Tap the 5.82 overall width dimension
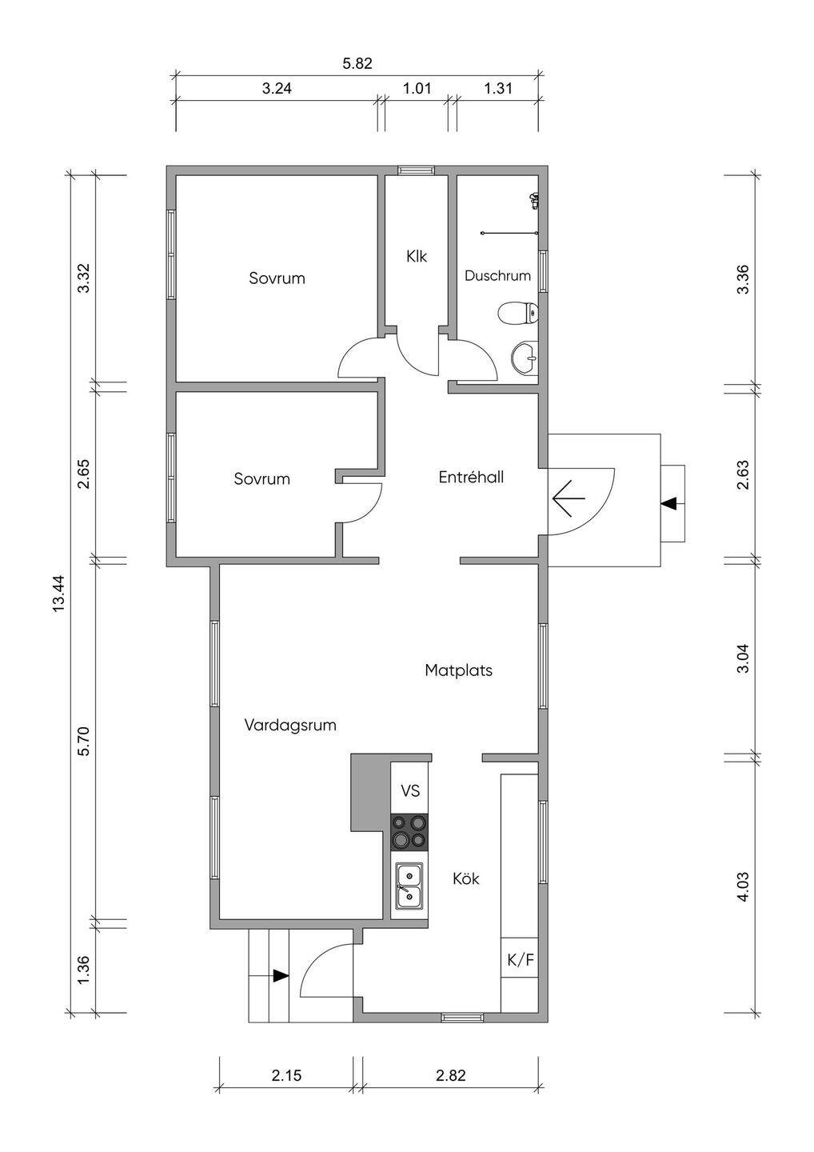tap(357, 64)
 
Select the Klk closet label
tap(417, 256)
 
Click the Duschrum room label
tap(497, 276)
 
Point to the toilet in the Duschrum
tap(518, 313)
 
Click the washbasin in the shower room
tap(525, 356)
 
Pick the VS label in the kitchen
tap(410, 790)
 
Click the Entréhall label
tap(471, 478)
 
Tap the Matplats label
tap(458, 670)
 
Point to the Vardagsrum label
tap(290, 726)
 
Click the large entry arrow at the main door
tap(569, 498)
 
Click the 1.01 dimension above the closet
tap(417, 89)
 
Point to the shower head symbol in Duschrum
tap(534, 201)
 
